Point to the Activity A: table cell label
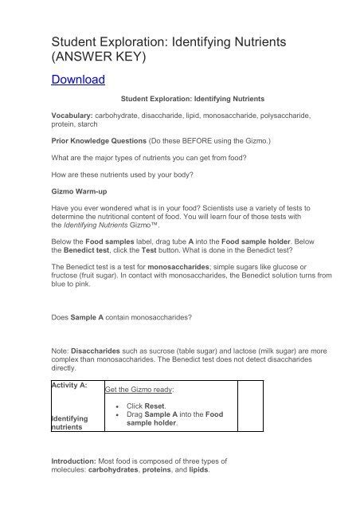point(69,385)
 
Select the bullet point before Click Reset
point(118,406)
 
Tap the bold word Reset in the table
point(156,406)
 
